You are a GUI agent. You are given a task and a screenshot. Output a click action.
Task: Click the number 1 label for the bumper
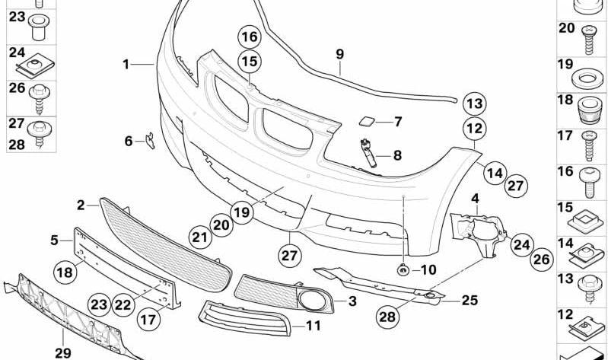[126, 65]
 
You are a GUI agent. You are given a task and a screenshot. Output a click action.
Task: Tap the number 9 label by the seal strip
[339, 54]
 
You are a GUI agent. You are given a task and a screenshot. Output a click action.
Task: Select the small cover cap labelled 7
[364, 121]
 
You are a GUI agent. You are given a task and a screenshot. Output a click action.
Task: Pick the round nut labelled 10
[402, 269]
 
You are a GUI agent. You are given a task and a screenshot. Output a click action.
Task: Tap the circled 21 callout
[199, 237]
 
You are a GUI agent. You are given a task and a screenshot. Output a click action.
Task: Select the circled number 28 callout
[387, 315]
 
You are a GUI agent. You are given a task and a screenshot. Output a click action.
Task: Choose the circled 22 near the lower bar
[123, 304]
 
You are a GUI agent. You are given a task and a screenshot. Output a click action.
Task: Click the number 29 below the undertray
[62, 352]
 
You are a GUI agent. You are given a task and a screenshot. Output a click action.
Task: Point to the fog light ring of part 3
[313, 301]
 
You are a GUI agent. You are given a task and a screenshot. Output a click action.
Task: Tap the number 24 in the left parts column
[17, 53]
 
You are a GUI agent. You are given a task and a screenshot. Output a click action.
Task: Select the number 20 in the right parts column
[566, 29]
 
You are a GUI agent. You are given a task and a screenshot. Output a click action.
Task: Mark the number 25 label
[470, 300]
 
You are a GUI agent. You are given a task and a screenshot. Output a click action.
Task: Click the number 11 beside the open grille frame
[314, 326]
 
